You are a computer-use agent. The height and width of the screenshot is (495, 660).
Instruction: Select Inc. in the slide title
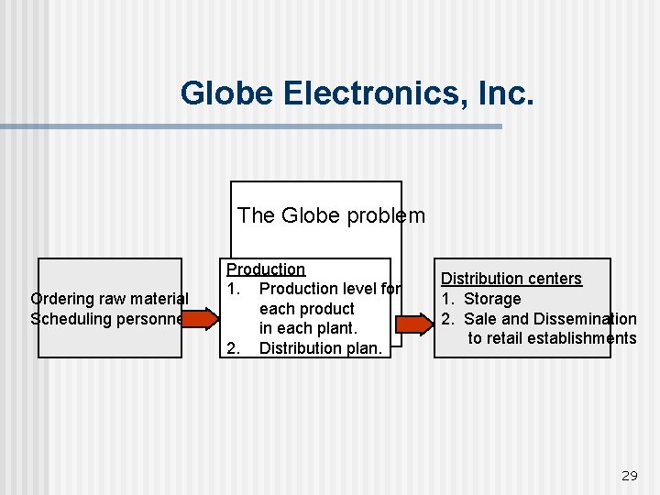(502, 93)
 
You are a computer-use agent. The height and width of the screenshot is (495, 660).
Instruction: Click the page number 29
(629, 475)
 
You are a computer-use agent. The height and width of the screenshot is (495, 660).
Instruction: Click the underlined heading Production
(266, 269)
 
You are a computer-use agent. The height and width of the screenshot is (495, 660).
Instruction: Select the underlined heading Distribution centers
(511, 279)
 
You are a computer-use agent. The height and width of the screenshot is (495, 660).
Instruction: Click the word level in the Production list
(358, 289)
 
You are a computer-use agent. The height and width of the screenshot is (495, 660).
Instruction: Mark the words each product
(306, 309)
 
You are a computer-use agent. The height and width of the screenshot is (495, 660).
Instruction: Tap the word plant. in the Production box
(336, 328)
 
